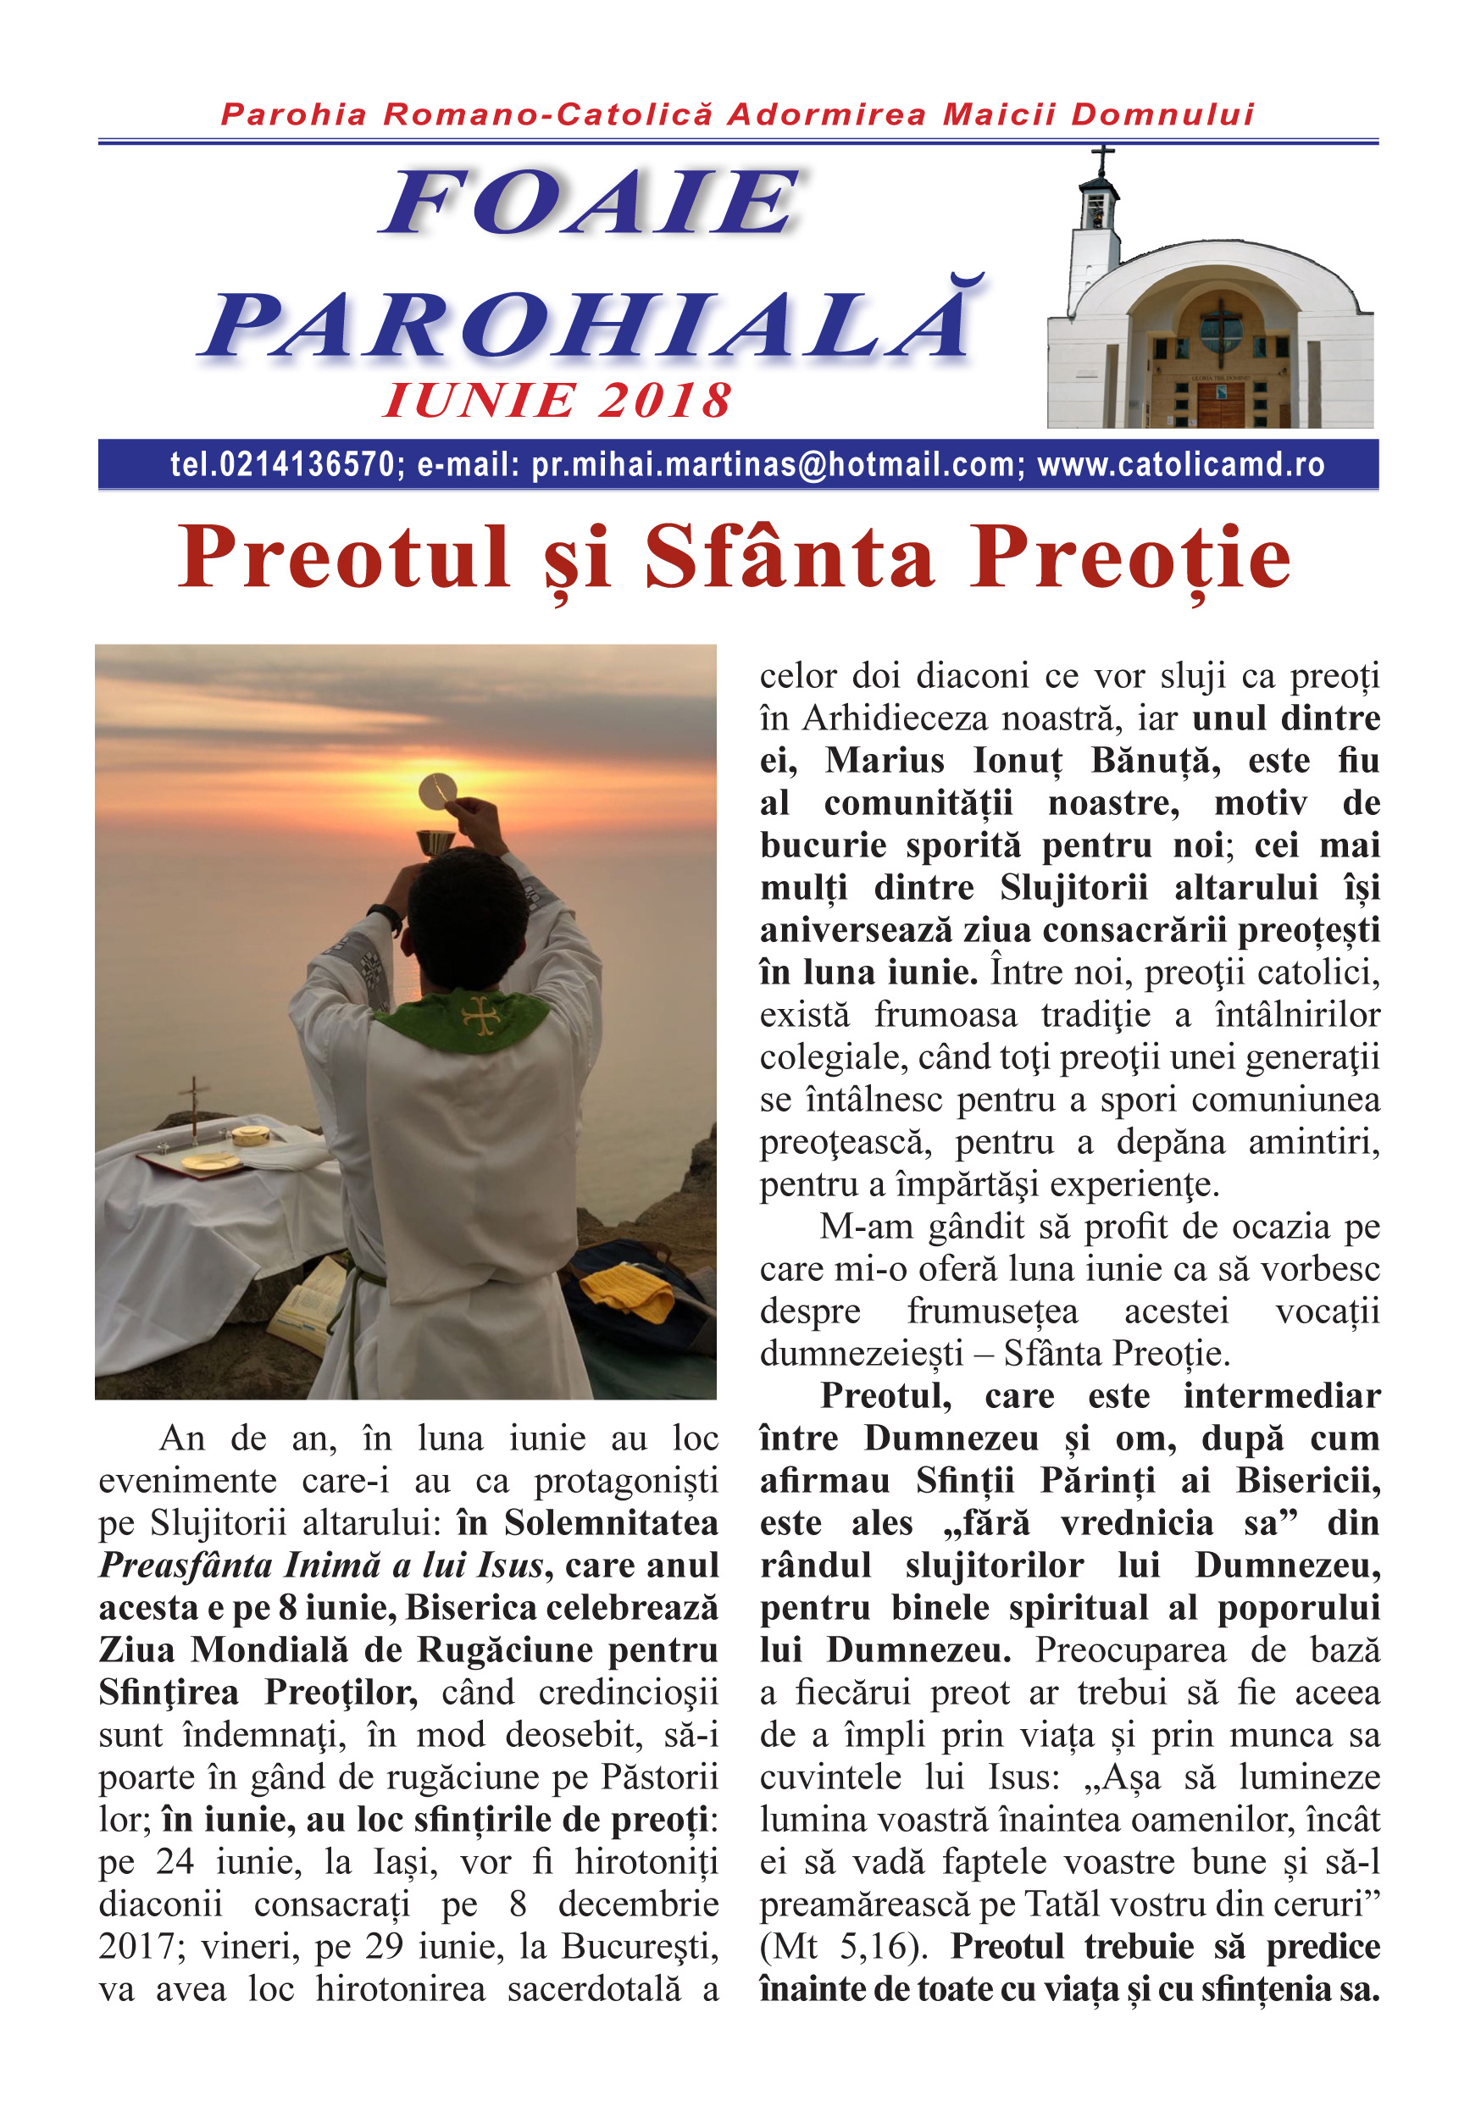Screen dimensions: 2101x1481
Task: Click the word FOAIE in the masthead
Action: click(591, 202)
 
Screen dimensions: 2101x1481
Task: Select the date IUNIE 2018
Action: click(557, 401)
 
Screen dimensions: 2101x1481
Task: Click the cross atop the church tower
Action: click(1103, 158)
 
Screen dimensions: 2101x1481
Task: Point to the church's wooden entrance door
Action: click(1220, 403)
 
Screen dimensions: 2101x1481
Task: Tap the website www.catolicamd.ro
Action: click(1181, 465)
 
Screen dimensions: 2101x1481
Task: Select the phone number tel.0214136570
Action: click(282, 465)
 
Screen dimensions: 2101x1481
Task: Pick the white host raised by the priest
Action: click(436, 790)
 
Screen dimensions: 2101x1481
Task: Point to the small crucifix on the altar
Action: click(193, 1107)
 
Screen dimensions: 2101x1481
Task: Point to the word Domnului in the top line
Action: click(1162, 114)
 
